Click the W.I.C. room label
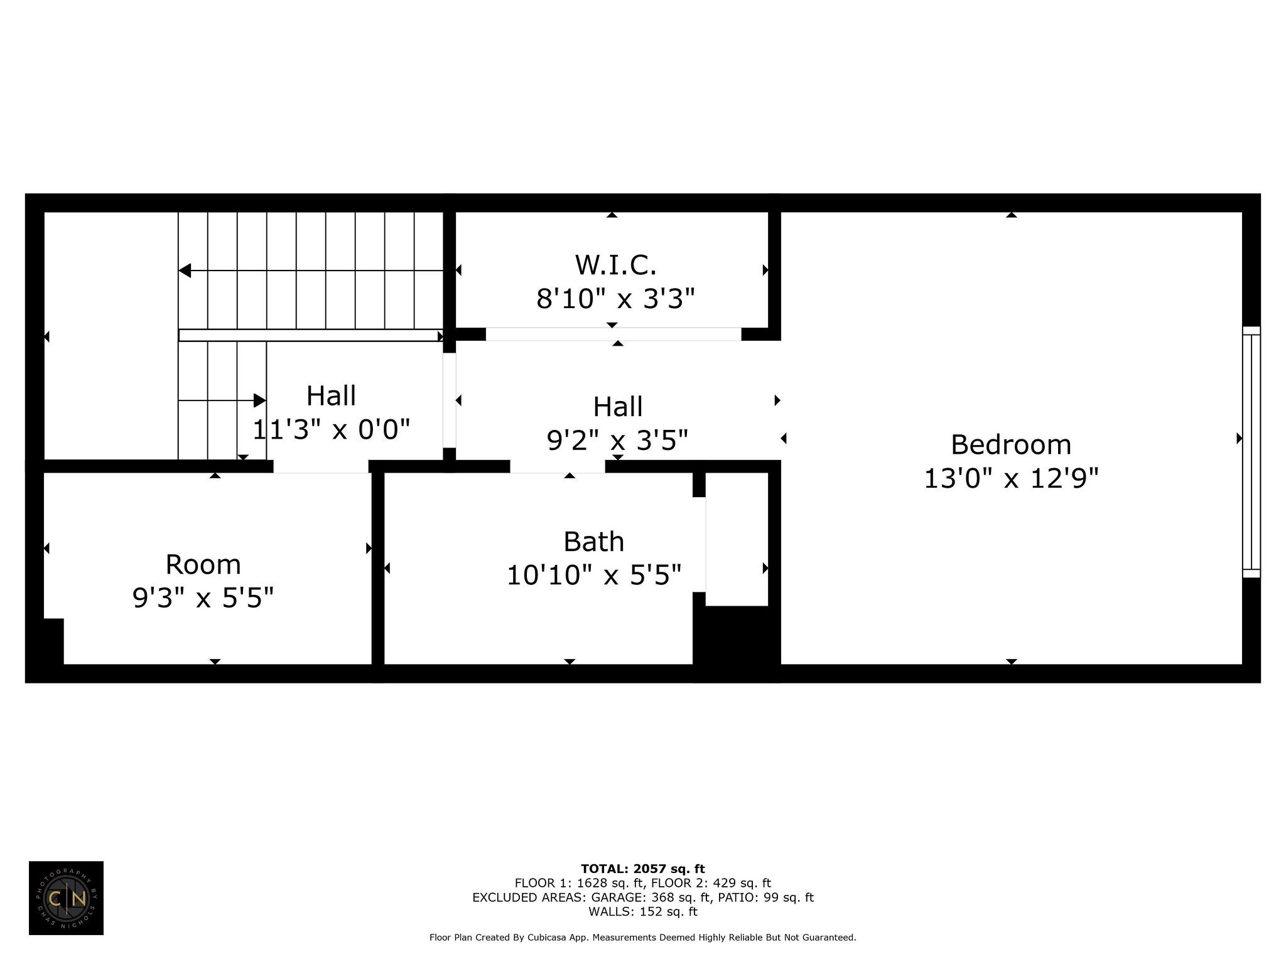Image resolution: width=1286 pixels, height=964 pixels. pos(615,265)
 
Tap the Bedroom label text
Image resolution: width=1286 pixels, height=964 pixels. pos(1011,445)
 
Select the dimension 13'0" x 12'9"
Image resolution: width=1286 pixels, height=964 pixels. pos(1011,479)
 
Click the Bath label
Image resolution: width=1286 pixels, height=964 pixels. pos(593,542)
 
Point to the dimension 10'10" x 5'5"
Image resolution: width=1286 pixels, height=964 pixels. pos(594,575)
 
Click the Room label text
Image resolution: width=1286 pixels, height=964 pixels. pos(203,565)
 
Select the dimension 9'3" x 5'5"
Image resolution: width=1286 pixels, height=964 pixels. pos(203,598)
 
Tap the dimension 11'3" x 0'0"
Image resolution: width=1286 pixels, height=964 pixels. pos(331,430)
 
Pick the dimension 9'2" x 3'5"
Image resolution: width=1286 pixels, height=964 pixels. pos(618,441)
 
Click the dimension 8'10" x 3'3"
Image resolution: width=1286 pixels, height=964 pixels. pos(615,299)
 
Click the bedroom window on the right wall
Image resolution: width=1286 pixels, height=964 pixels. pos(1251,452)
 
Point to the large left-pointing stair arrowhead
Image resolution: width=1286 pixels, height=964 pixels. pos(185,270)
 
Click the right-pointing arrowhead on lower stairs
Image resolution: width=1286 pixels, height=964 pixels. pos(260,400)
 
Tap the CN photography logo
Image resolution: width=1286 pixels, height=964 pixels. pos(66,898)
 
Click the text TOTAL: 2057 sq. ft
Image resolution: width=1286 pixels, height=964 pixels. pos(643,869)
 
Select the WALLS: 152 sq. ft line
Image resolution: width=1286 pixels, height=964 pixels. pos(643,911)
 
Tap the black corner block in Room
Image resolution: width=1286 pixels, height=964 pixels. pos(53,641)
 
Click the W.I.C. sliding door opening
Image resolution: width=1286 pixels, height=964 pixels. pos(613,335)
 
